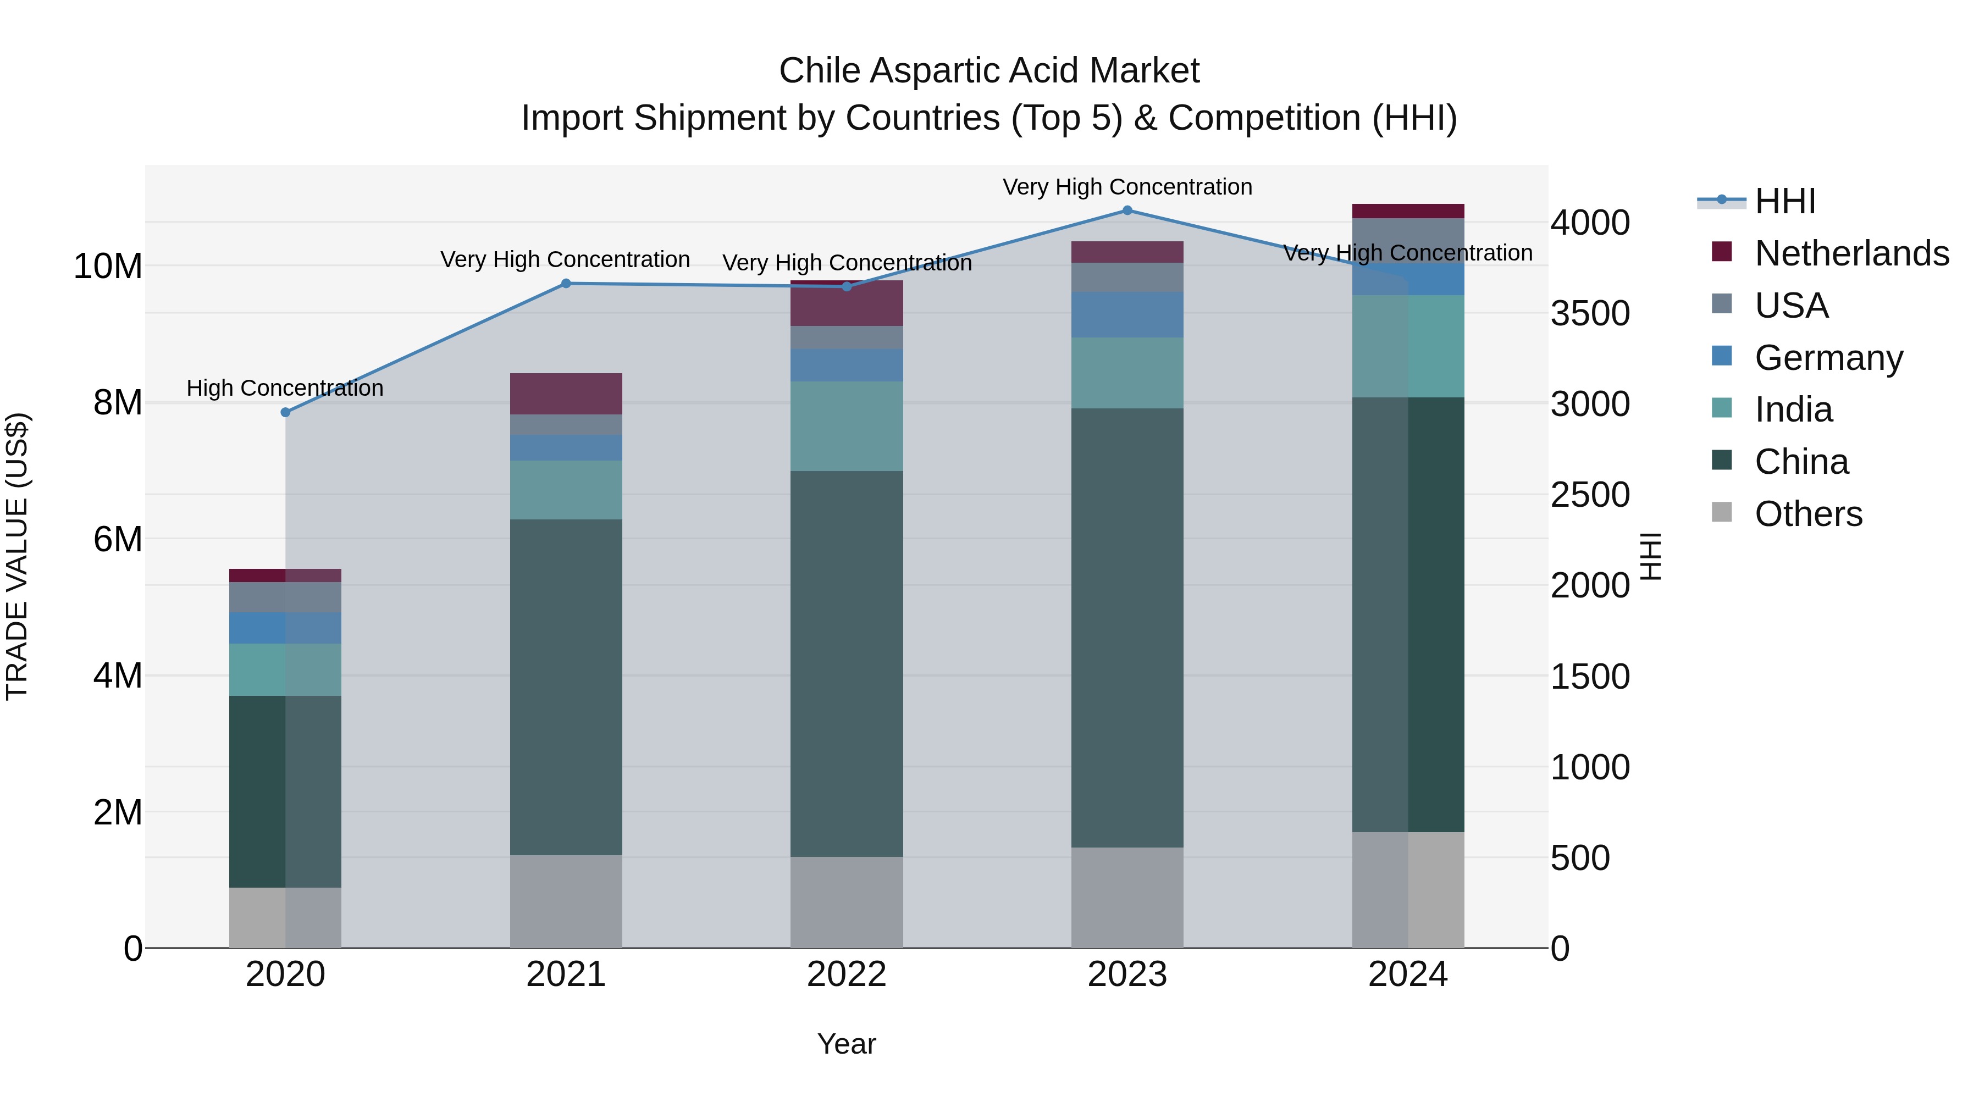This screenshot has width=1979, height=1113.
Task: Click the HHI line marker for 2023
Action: coord(1127,210)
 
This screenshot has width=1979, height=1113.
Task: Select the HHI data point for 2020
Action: coord(286,412)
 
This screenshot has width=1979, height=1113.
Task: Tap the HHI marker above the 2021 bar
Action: coord(566,284)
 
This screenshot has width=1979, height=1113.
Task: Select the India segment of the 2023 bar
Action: coord(1127,373)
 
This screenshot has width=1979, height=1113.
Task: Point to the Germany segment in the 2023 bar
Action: coord(1127,315)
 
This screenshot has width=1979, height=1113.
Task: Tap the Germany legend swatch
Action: coord(1722,356)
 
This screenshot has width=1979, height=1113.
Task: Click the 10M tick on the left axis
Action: coord(108,267)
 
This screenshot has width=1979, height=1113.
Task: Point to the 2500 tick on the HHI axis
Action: coord(1589,495)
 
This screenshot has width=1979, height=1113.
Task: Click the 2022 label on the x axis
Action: coord(847,974)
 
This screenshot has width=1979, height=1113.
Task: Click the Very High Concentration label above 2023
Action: coord(1127,187)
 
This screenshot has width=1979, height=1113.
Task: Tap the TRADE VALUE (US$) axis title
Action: coord(17,556)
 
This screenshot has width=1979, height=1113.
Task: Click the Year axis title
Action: coord(847,1044)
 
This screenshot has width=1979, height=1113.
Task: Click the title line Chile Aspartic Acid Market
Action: coord(989,71)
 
